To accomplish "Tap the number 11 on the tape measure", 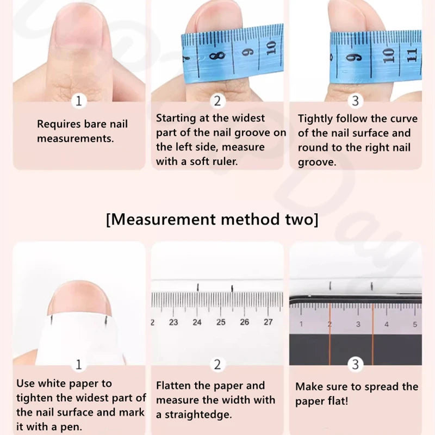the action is [413, 55].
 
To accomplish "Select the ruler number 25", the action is [221, 322].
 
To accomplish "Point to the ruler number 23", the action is [173, 322].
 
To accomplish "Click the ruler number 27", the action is [268, 322].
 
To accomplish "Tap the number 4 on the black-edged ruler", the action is [387, 324].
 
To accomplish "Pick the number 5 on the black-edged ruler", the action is [415, 324].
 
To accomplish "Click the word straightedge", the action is [198, 415].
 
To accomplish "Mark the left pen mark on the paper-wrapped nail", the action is [51, 320].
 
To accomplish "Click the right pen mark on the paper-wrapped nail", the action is [105, 320].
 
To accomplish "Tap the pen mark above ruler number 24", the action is [197, 288].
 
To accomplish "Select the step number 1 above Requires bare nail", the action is [79, 101].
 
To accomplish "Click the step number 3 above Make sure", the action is [356, 364].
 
